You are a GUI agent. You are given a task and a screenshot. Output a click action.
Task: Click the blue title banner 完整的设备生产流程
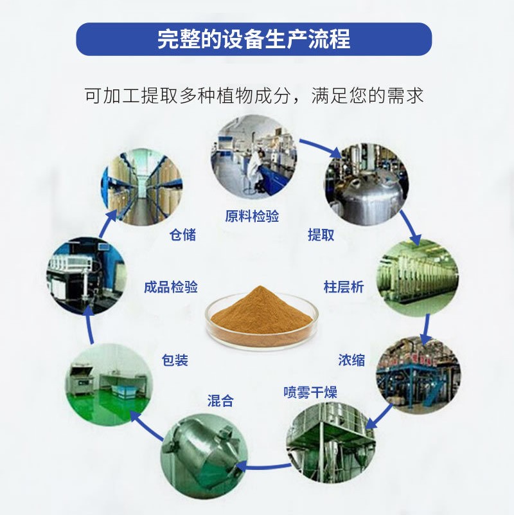(254, 39)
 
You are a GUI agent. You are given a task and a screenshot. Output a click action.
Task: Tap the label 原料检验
(252, 216)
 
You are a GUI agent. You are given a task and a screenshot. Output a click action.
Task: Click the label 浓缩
(351, 359)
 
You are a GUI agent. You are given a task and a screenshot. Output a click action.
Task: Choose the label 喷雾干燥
(310, 392)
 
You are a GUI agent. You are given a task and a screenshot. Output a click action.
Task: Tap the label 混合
(220, 401)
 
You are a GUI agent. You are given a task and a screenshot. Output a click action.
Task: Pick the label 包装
(175, 360)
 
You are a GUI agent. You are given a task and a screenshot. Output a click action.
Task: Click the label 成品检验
(170, 287)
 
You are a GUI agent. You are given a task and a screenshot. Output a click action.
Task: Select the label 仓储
(182, 235)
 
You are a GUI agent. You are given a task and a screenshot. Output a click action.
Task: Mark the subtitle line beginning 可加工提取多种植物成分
(254, 96)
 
